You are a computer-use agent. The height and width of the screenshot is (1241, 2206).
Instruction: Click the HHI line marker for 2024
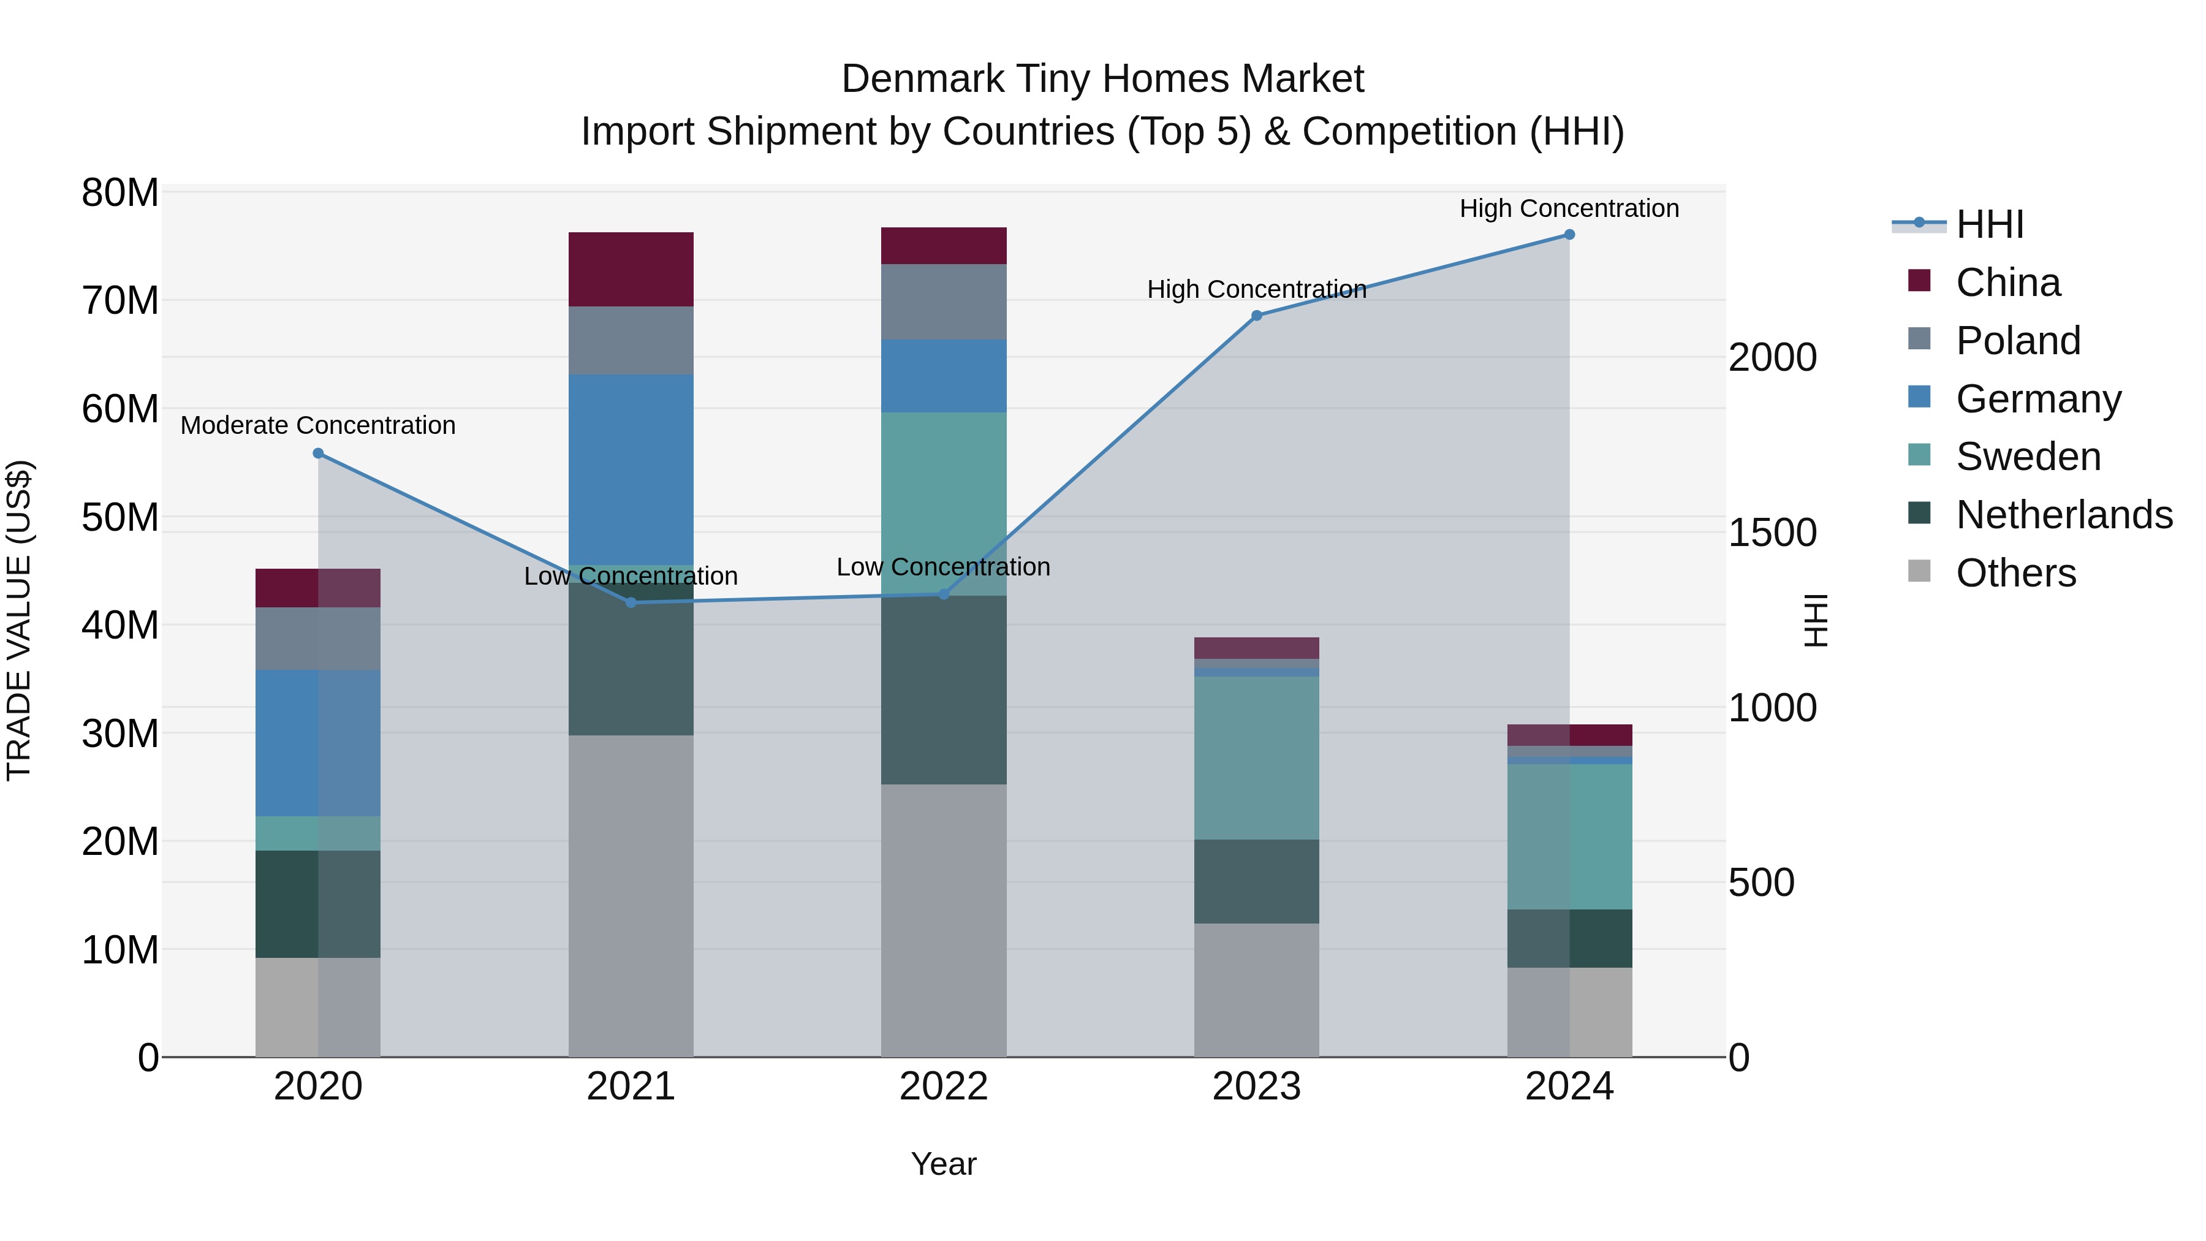pos(1569,235)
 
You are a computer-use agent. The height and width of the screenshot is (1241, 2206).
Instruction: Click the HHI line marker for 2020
pos(317,453)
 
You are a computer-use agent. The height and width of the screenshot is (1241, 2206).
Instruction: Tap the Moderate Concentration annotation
pos(317,426)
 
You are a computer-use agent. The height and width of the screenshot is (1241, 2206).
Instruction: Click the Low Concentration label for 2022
pos(943,567)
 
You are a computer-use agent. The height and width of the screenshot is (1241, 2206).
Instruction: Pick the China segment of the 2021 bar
pos(631,269)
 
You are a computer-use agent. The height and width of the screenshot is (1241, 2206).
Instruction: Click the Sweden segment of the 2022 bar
pos(943,504)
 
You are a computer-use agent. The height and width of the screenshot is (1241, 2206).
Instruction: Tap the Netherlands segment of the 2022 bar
pos(943,689)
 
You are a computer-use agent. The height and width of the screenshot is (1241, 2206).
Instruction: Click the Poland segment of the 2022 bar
pos(943,302)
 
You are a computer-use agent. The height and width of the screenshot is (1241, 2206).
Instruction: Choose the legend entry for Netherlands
pos(2063,515)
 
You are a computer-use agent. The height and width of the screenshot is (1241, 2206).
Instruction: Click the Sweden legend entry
pos(2027,457)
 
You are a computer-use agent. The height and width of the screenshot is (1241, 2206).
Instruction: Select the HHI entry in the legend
pos(1988,224)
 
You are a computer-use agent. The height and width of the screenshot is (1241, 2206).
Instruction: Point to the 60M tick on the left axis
pos(120,409)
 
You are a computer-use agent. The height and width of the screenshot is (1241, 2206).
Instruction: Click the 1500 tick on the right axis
pos(1772,533)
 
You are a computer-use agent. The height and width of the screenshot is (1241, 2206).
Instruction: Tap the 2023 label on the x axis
pos(1256,1087)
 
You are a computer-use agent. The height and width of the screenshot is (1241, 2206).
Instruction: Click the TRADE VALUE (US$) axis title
pos(19,620)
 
